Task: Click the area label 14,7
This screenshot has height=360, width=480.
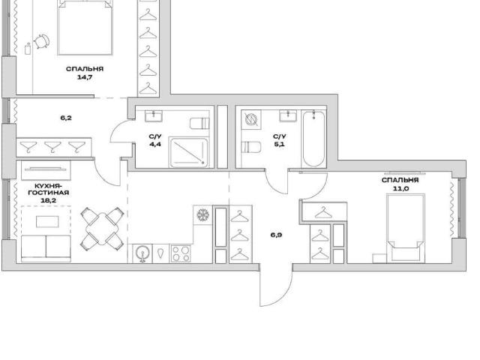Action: point(85,77)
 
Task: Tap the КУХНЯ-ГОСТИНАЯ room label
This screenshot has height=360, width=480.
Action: point(48,190)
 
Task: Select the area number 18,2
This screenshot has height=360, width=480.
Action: point(48,201)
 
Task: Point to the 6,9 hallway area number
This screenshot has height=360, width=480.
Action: point(276,235)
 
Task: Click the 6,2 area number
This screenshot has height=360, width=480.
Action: point(66,118)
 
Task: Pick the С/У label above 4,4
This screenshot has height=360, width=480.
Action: point(155,136)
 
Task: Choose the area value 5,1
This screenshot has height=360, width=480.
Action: point(280,144)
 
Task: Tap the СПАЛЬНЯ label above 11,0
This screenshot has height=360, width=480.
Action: point(400,180)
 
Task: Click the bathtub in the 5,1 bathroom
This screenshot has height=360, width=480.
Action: point(313,139)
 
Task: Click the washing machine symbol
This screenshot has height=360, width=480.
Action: point(251,119)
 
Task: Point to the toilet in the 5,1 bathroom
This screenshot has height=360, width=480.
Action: point(251,147)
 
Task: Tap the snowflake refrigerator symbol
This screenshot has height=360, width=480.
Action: point(202,215)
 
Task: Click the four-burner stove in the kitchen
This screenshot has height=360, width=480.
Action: point(181,253)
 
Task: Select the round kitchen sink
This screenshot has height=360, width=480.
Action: point(142,253)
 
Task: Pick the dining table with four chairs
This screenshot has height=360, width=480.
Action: point(102,228)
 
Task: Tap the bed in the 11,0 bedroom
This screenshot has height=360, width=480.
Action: point(406,228)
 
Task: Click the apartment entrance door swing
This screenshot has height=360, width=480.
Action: point(276,288)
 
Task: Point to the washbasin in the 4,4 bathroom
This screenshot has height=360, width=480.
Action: point(154,116)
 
